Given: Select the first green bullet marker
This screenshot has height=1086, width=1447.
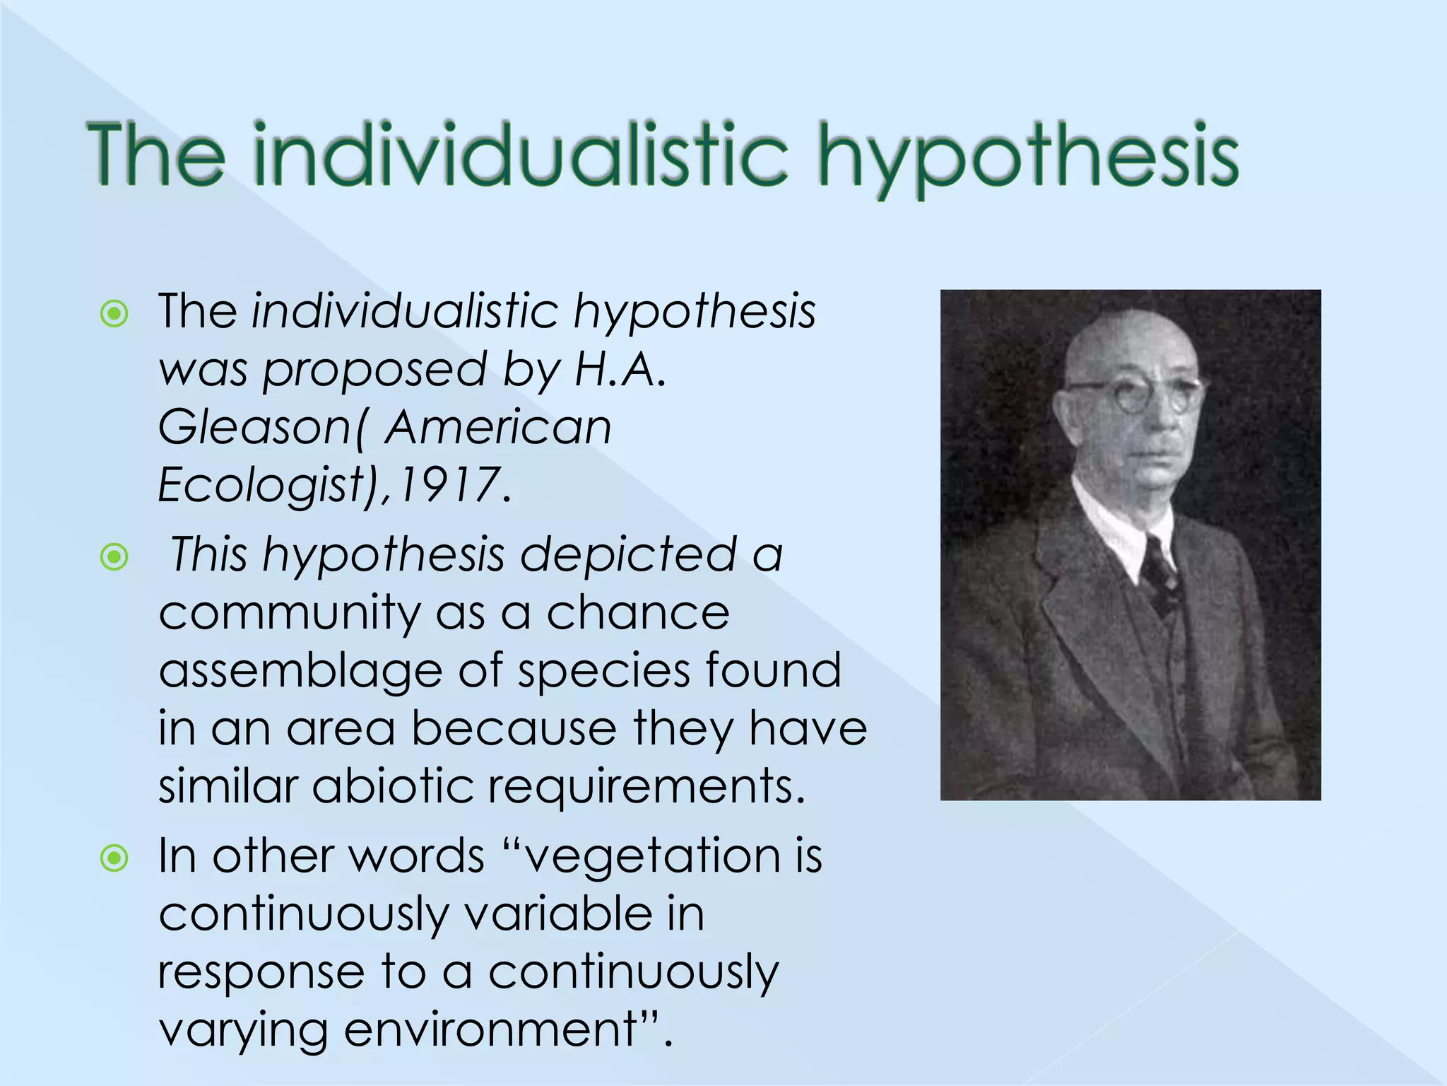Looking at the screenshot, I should tap(114, 313).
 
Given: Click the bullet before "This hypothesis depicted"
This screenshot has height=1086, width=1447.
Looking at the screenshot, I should tap(114, 557).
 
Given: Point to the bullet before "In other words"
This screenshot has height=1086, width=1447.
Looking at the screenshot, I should tap(114, 858).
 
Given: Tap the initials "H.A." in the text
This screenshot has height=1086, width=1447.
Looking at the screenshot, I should tap(620, 369).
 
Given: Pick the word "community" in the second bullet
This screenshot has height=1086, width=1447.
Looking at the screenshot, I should tap(289, 614).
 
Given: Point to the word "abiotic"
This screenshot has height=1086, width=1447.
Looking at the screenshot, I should tap(393, 786).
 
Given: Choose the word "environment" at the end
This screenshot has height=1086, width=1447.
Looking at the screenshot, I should tap(490, 1029).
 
